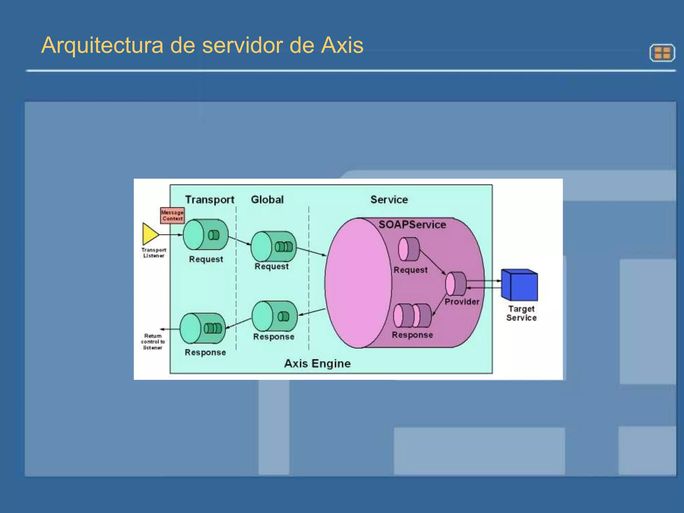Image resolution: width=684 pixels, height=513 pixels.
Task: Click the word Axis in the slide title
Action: pos(342,45)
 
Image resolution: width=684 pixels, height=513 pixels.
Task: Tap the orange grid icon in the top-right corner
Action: pos(662,53)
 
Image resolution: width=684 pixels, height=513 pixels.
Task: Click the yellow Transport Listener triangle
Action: pos(150,234)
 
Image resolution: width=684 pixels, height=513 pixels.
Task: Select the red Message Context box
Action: pos(172,215)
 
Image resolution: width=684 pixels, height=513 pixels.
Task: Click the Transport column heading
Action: pos(210,200)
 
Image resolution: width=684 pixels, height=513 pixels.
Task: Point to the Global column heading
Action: pos(267,200)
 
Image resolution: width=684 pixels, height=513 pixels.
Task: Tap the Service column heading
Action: pos(389,200)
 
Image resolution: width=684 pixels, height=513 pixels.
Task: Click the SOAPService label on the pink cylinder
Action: pos(412,224)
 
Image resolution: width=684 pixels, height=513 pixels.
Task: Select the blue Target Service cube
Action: pos(520,285)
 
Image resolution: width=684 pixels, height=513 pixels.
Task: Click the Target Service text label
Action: pos(521,313)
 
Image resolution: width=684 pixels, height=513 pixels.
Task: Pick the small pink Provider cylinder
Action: pos(456,284)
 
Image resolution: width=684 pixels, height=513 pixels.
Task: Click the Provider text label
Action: pos(462,302)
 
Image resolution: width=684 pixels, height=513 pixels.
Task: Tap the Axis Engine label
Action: pos(317,363)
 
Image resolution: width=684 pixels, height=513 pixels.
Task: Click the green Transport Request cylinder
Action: pos(206,234)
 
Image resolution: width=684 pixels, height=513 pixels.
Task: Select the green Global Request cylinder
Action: pos(273,246)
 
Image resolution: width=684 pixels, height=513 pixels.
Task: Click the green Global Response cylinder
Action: pos(275,316)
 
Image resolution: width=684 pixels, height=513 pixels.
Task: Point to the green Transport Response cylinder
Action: pos(203,328)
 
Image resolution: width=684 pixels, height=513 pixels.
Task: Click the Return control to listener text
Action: pos(153,342)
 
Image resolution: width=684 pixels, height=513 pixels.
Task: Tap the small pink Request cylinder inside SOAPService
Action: pos(409,249)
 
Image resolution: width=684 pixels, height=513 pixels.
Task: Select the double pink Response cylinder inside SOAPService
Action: pos(412,316)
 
